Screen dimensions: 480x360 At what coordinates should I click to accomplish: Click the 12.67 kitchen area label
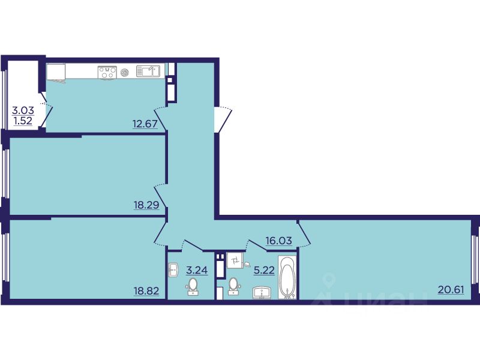coord(145,124)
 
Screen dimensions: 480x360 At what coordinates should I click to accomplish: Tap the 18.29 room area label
coord(146,205)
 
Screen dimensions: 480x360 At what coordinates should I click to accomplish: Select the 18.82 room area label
coord(146,290)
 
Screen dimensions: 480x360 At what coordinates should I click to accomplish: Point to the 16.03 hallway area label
coord(278,241)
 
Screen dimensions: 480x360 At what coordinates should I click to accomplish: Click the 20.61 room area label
coord(451,289)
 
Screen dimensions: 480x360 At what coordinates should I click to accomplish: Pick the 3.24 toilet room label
coord(197,270)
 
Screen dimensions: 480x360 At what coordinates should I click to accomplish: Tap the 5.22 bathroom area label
coord(264,270)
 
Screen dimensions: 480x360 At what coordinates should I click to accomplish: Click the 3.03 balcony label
coord(23,110)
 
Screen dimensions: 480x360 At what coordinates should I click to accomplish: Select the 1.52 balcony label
coord(23,121)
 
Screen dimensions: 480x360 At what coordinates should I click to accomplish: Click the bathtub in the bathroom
coord(287,277)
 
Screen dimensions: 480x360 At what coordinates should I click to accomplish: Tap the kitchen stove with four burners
coord(107,73)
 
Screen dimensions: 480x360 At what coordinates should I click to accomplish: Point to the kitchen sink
coord(148,71)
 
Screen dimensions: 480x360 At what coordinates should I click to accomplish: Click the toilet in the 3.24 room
coord(193,287)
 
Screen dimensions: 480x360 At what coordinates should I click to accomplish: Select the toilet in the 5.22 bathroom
coord(234,286)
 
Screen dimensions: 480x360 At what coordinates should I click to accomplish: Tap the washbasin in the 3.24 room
coord(173,270)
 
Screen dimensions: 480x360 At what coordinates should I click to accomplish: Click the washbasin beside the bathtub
coord(262,293)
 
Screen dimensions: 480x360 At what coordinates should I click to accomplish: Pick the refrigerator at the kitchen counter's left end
coord(56,72)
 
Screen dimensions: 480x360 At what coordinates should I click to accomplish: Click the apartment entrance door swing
coord(223,119)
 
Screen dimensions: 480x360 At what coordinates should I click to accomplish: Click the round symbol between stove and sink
coord(124,73)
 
